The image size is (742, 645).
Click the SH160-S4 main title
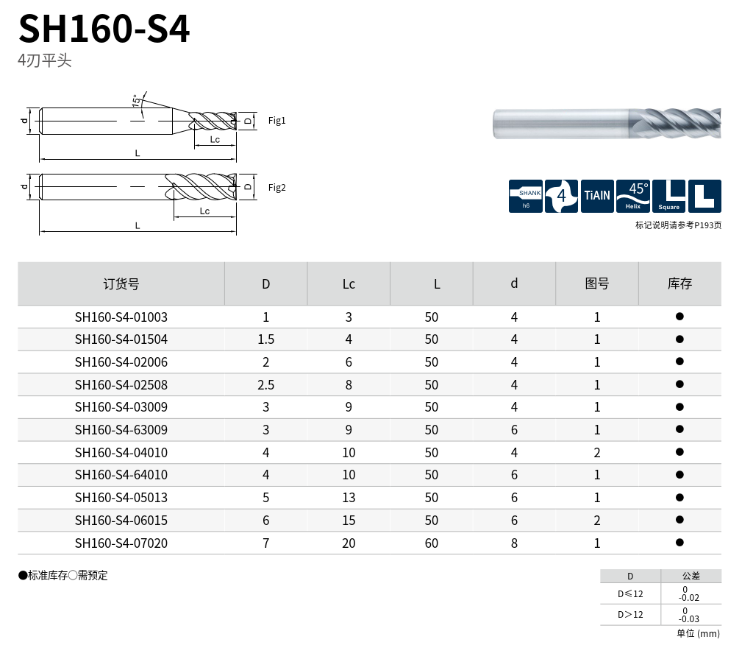104,29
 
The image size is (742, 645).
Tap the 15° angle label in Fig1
136,100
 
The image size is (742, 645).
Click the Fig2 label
277,187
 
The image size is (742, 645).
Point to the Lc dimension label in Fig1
215,139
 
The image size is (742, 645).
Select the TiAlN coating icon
597,196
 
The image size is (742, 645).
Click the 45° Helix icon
633,196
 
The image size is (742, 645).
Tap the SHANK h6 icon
526,196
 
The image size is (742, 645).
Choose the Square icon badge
668,196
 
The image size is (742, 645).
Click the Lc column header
349,284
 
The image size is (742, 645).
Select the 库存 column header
679,283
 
